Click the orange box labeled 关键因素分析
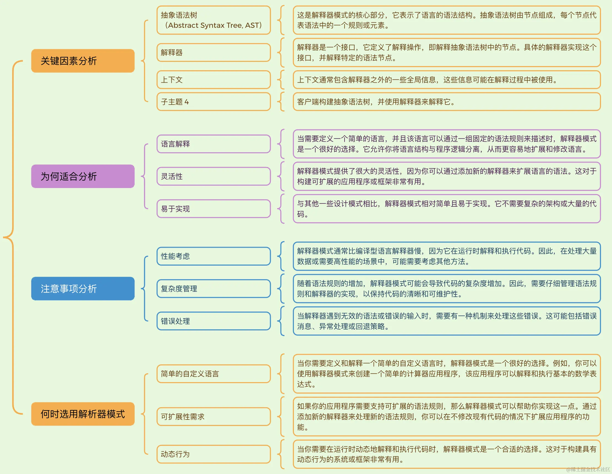(x=83, y=61)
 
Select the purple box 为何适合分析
(x=83, y=176)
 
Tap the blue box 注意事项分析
(x=83, y=288)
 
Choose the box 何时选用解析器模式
(x=83, y=414)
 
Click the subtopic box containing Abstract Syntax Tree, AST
(x=214, y=20)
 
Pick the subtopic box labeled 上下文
(x=214, y=80)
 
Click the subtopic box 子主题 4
(x=214, y=102)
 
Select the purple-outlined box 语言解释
(x=214, y=144)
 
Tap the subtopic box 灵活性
(x=214, y=176)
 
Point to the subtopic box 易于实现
(x=214, y=209)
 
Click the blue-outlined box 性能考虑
(x=214, y=256)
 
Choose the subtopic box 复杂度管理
(x=214, y=288)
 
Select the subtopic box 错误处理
(x=214, y=321)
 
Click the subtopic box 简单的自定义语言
(x=214, y=374)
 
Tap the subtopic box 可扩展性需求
(x=214, y=416)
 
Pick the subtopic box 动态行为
(x=214, y=454)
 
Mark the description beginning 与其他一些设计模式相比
(x=447, y=209)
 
